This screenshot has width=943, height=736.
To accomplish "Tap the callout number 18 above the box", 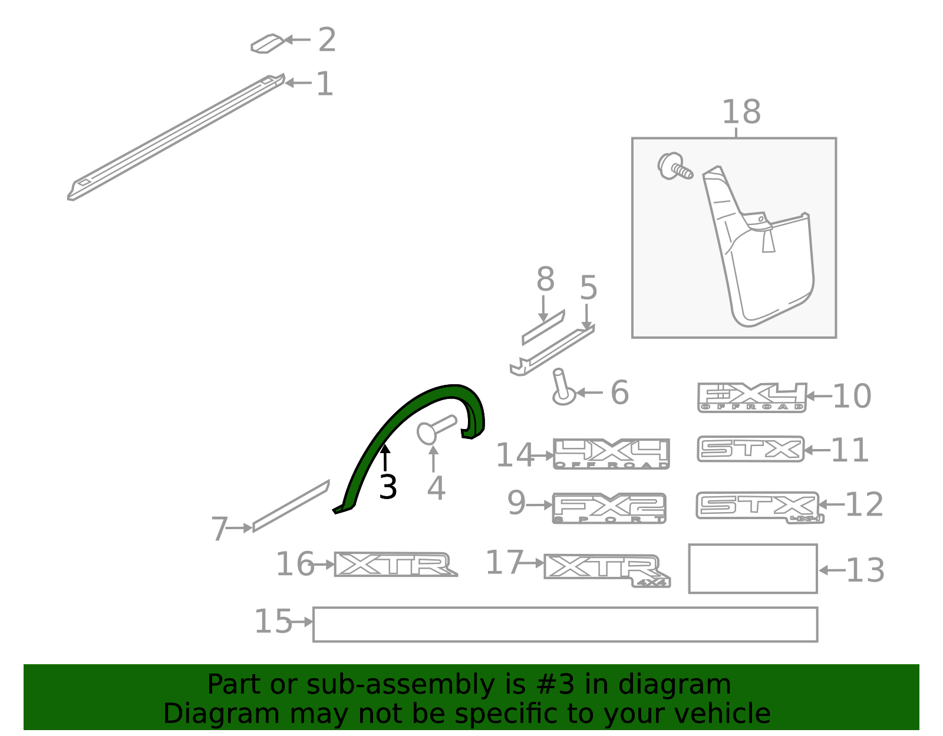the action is [741, 112].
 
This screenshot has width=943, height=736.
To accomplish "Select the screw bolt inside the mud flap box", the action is [674, 166].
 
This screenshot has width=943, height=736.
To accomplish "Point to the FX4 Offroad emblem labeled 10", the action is [752, 397].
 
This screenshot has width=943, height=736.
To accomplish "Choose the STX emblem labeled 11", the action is [750, 449].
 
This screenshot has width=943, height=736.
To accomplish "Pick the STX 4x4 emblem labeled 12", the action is [760, 507].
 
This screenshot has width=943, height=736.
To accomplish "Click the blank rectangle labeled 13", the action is [753, 569].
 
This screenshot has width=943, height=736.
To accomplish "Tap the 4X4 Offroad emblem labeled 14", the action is [611, 454].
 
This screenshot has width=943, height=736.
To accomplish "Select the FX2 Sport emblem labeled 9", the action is [609, 508].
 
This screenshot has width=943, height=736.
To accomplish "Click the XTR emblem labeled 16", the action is [395, 565].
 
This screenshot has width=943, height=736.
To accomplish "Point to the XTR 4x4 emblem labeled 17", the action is [606, 570].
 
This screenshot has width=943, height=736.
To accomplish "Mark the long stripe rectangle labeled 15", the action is [565, 625].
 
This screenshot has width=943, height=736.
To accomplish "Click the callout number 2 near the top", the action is [327, 39].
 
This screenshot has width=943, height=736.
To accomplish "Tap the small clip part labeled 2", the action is [268, 44].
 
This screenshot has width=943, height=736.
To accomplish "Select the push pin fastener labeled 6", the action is [563, 388].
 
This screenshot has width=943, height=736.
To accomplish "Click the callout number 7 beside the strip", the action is [220, 528].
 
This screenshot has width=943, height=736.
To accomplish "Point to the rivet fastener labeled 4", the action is [436, 430].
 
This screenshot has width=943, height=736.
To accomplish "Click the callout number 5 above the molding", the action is [588, 287].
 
